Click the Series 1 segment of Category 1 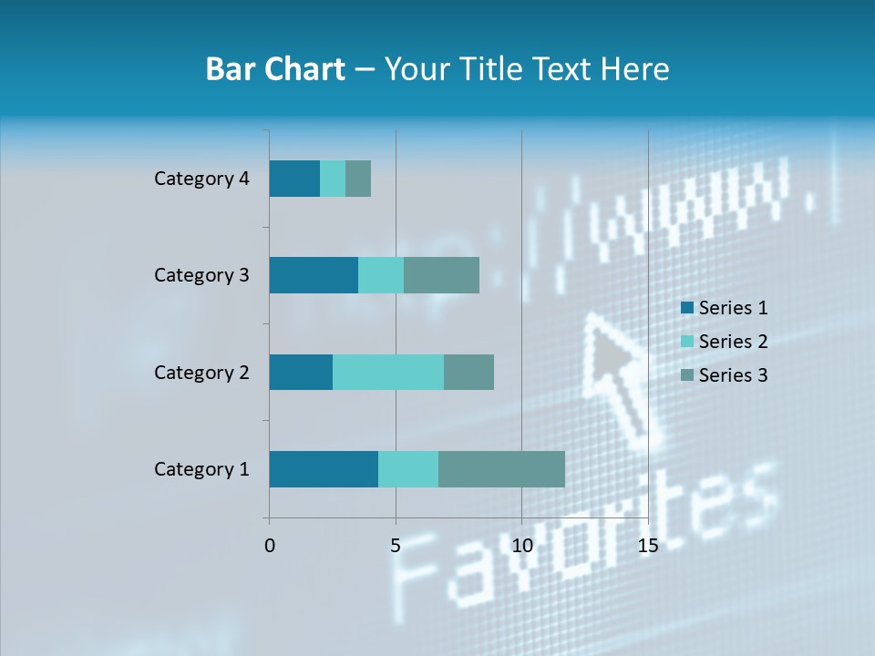(x=324, y=469)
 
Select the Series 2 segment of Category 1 (x=408, y=469)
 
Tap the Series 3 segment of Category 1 (x=501, y=469)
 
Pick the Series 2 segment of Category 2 (x=388, y=372)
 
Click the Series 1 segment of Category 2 (x=301, y=372)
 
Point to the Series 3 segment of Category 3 (x=441, y=275)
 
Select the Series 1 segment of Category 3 (x=314, y=275)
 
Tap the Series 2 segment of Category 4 (x=333, y=179)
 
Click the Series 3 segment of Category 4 (x=358, y=179)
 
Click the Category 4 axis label (x=201, y=179)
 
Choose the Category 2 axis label (x=201, y=372)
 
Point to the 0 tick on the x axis (x=270, y=546)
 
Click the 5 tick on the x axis (x=396, y=546)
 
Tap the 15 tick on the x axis (x=647, y=546)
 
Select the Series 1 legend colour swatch (x=686, y=308)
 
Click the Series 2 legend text (x=733, y=342)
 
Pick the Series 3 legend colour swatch (x=686, y=375)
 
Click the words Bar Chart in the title (x=275, y=69)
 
